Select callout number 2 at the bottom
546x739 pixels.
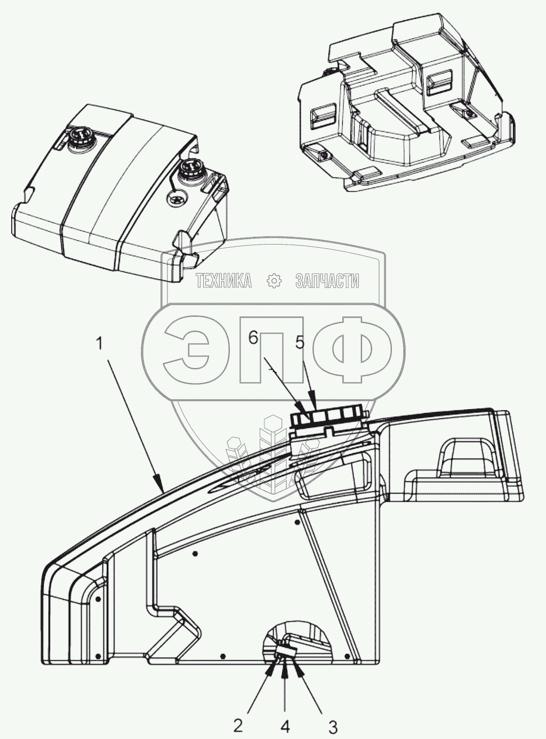pyautogui.click(x=238, y=725)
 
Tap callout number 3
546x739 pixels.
pyautogui.click(x=332, y=726)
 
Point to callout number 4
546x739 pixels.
pyautogui.click(x=285, y=726)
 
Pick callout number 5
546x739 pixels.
pyautogui.click(x=300, y=343)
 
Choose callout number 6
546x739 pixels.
pyautogui.click(x=253, y=337)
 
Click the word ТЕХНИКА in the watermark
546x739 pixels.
pyautogui.click(x=224, y=281)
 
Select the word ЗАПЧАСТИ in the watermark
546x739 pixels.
pyautogui.click(x=327, y=281)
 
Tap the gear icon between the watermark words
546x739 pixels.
pyautogui.click(x=274, y=281)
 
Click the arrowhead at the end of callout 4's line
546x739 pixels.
pyautogui.click(x=285, y=661)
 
